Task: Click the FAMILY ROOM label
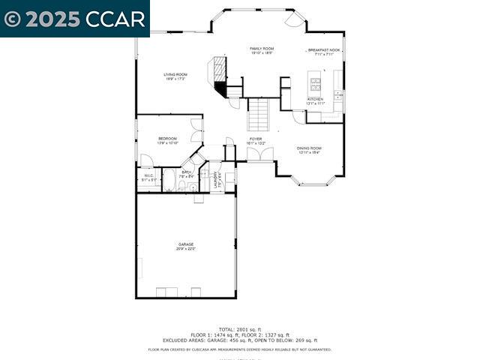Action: point(261,48)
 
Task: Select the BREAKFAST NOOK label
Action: point(323,50)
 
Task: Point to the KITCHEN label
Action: point(315,99)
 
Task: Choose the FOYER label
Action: point(256,139)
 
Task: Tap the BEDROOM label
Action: point(167,138)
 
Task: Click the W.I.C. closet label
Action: point(148,175)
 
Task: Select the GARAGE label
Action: point(185,244)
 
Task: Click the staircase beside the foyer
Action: point(258,115)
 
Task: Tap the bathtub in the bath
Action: point(169,181)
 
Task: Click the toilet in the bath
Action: point(193,187)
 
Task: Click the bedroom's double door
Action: point(196,131)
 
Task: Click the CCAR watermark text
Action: point(112,19)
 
